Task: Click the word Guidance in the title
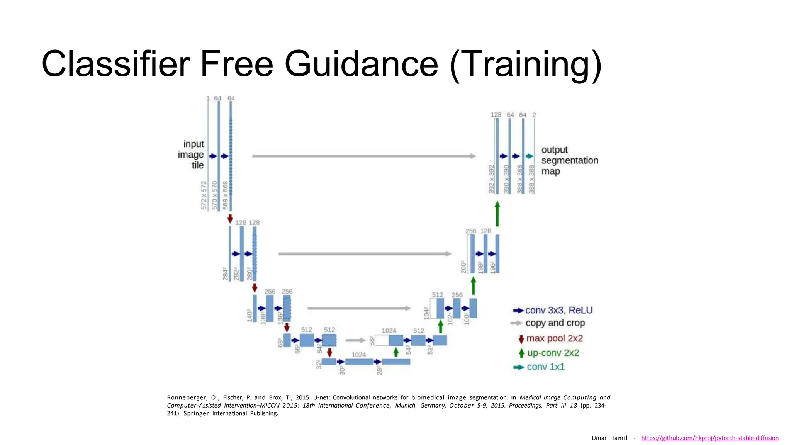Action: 361,64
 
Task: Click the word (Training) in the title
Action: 525,64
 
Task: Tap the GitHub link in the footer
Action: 710,438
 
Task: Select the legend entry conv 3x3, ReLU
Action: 558,310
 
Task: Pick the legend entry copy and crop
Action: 555,323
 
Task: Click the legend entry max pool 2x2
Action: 554,338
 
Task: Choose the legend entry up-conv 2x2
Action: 553,353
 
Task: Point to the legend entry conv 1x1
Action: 545,367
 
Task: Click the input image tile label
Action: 191,155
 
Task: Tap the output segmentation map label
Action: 569,160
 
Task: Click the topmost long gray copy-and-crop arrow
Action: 363,156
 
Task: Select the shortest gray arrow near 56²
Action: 355,340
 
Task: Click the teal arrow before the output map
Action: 530,156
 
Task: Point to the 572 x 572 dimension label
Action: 204,195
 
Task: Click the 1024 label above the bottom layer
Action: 358,355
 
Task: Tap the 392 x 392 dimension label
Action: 491,179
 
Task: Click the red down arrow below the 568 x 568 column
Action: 230,219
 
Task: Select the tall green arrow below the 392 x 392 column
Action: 497,214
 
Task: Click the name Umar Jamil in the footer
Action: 609,438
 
